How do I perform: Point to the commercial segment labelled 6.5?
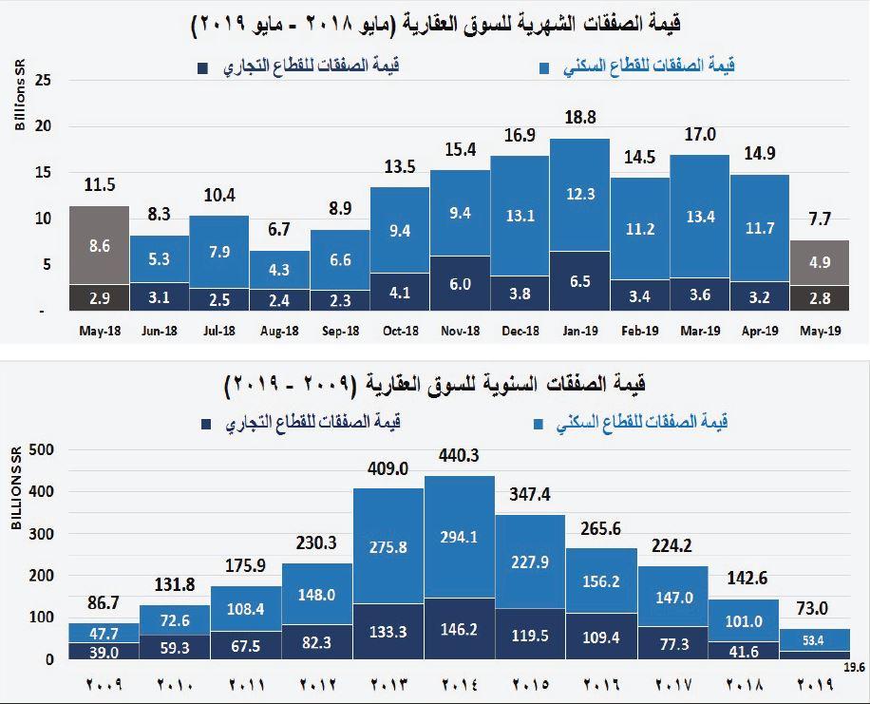pos(579,281)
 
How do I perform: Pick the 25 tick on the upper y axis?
pos(41,80)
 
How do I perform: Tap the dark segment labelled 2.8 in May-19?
pos(820,298)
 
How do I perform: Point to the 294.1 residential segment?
pos(460,536)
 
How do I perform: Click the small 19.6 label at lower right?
pos(855,667)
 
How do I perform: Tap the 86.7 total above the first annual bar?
pos(103,602)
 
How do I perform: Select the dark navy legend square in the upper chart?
pos(203,68)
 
